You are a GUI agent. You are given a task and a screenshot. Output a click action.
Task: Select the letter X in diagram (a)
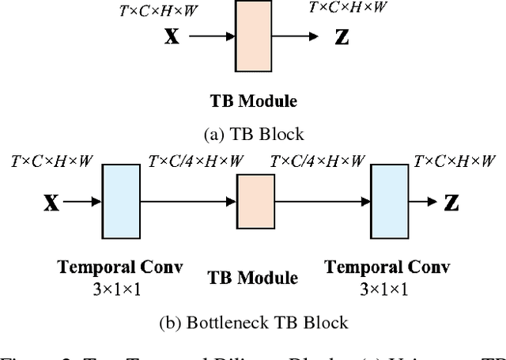pos(172,37)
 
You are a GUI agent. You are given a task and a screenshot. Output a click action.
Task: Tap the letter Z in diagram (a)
pos(341,37)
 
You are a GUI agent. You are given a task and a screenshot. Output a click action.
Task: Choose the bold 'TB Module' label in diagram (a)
pos(253,101)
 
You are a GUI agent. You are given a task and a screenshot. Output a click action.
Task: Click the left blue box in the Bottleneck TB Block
pos(121,203)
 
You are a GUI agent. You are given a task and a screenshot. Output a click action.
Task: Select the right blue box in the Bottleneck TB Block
pos(391,203)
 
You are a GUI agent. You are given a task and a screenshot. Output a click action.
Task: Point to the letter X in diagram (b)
pos(51,203)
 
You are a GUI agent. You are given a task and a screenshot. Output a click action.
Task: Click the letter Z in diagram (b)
pos(451,203)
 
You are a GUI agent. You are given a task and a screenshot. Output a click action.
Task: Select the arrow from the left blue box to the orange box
pos(187,203)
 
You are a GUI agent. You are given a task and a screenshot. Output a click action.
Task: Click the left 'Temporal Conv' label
pos(120,267)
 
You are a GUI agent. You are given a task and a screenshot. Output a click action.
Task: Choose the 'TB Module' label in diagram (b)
pos(253,278)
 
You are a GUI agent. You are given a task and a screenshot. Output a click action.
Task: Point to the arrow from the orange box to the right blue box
pos(323,203)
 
